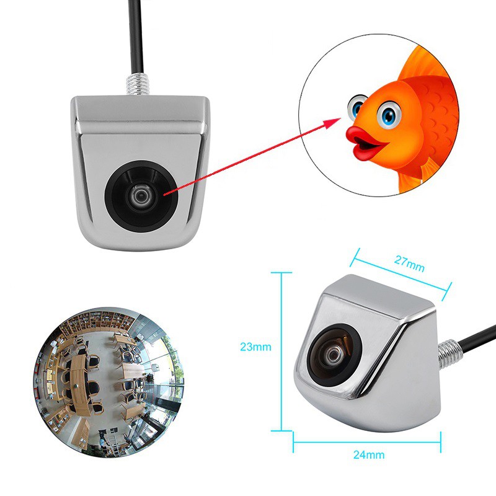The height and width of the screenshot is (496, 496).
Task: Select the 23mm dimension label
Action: [x=255, y=347]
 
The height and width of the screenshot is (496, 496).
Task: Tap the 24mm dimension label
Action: [x=368, y=454]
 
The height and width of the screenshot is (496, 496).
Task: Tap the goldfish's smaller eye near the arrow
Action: [x=357, y=108]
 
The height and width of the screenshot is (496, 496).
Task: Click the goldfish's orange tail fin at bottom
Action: [x=412, y=180]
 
